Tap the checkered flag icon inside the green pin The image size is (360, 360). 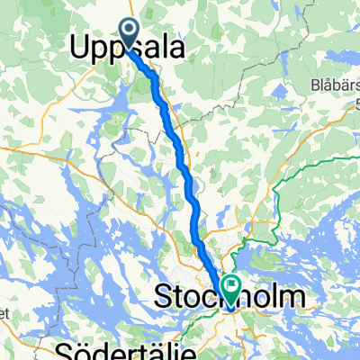click(231, 288)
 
